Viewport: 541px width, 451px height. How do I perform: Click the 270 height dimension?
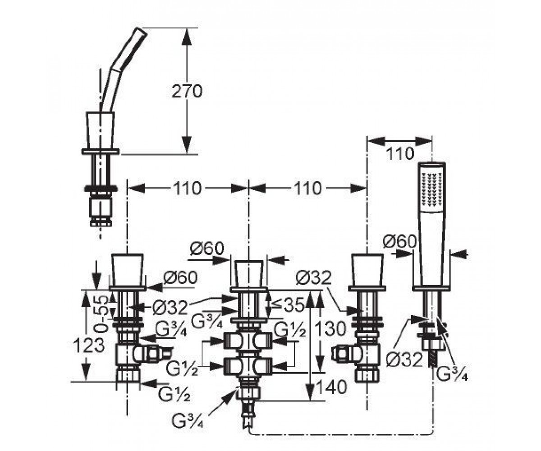coord(187,92)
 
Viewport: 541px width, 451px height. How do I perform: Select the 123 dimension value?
coord(89,345)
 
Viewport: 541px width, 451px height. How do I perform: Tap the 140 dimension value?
coord(331,387)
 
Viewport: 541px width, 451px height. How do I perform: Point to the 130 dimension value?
coord(331,329)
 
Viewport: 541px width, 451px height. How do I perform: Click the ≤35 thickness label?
coord(287,304)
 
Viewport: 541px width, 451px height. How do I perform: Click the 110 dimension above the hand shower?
coord(400,154)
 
